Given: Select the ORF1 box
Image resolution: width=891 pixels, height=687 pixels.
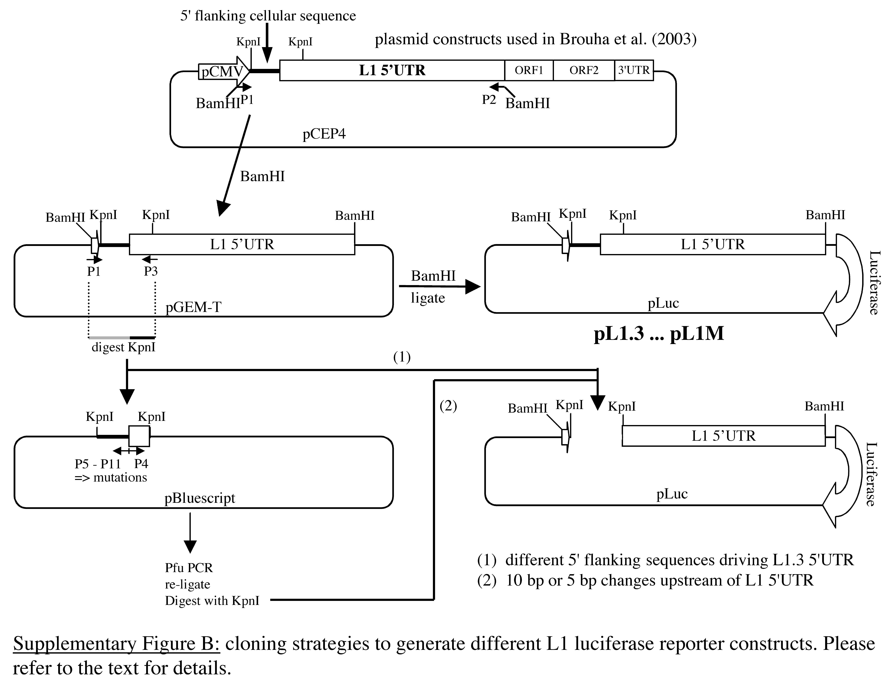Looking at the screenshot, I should [x=529, y=71].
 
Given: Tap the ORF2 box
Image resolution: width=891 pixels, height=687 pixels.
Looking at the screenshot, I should [x=584, y=71].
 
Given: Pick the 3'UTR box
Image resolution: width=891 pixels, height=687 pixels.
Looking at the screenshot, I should [x=634, y=71].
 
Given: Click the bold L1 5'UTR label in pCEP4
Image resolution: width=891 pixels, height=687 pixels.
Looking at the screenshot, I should [x=392, y=71].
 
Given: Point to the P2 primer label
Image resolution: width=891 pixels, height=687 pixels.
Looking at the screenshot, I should [x=489, y=99].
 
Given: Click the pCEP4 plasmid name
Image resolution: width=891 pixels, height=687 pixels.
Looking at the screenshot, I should [x=324, y=134].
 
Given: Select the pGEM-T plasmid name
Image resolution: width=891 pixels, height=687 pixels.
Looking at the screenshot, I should [x=193, y=307].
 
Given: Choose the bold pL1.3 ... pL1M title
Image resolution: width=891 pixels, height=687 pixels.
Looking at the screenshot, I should [x=658, y=334].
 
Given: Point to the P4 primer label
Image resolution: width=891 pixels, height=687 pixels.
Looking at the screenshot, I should [x=141, y=464].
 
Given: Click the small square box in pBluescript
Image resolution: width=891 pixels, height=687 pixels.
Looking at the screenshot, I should [x=139, y=436].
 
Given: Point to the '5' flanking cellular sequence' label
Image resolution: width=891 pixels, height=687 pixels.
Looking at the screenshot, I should [x=268, y=16].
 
